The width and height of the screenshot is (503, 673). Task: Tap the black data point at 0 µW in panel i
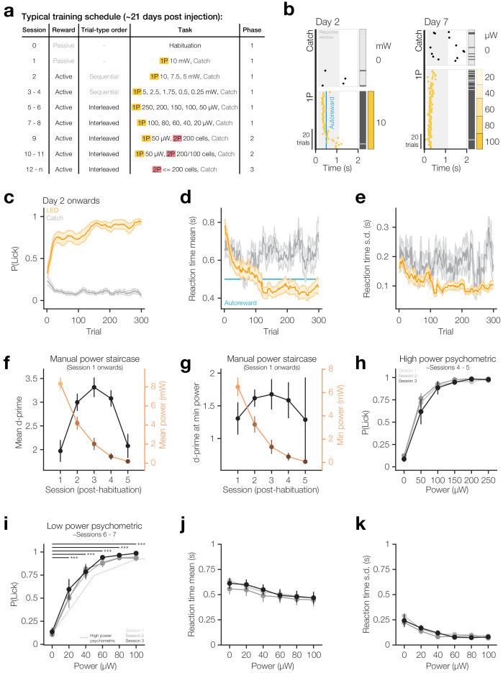pyautogui.click(x=52, y=631)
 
